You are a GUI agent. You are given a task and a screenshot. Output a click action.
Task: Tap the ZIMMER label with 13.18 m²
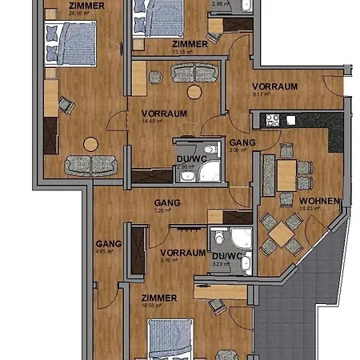click(x=190, y=44)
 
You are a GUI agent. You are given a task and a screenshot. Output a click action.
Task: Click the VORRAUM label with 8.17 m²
click(x=274, y=86)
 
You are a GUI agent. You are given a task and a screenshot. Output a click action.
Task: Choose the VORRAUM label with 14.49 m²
click(x=164, y=114)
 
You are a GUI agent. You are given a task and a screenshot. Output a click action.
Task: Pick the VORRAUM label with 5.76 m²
click(x=183, y=253)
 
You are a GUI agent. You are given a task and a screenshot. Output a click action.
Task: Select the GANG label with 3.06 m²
click(x=242, y=142)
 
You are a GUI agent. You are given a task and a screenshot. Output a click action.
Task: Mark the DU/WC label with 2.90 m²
click(x=190, y=159)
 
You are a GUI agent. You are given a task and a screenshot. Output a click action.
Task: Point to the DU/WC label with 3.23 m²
click(x=226, y=256)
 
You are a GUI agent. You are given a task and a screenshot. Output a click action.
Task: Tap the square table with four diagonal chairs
click(x=281, y=233)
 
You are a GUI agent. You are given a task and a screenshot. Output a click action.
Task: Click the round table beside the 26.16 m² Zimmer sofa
click(x=90, y=144)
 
